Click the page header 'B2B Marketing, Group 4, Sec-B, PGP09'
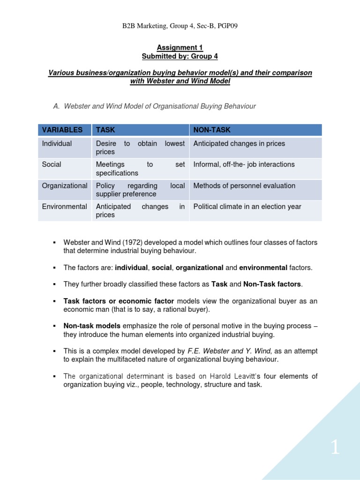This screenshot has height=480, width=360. point(180,26)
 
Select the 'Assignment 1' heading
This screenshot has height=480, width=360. point(180,48)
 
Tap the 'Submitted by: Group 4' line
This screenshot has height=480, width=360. point(180,56)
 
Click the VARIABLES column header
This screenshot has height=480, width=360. point(62,130)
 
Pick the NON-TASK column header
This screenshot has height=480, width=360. point(212,130)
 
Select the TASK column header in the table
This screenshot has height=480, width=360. point(105,130)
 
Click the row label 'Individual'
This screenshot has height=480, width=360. point(57,143)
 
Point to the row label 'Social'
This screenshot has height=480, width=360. point(52,165)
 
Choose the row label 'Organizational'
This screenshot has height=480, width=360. point(64,186)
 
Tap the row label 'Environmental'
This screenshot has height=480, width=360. point(64,207)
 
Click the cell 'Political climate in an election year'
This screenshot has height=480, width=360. point(247,207)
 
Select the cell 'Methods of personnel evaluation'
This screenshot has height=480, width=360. point(244,186)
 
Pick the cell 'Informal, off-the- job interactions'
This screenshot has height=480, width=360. point(244,165)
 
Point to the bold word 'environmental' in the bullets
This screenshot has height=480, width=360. point(263,268)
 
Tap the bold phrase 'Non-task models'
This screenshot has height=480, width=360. point(92,326)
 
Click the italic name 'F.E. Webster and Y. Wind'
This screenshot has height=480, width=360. point(227,351)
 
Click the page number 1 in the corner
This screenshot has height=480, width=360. point(335,448)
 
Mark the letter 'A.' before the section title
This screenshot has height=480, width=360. point(57,106)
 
